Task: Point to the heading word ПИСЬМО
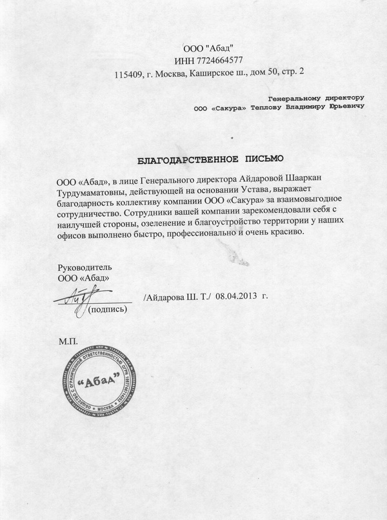(263, 159)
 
